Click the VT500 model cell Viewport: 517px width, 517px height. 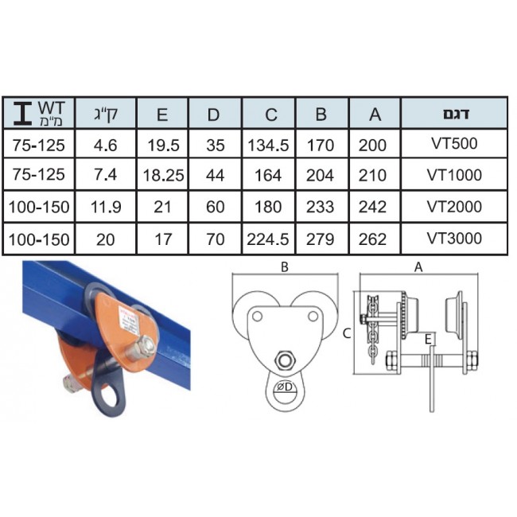click(x=454, y=143)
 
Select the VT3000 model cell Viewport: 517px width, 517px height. click(x=454, y=239)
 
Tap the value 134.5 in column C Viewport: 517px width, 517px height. click(x=268, y=146)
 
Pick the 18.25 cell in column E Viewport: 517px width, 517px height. click(x=163, y=175)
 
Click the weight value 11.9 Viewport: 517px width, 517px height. click(x=106, y=207)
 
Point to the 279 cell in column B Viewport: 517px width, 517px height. click(x=320, y=239)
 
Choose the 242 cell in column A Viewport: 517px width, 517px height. click(x=372, y=207)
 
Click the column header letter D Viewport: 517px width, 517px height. click(x=213, y=115)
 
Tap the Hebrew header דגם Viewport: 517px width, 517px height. click(x=456, y=114)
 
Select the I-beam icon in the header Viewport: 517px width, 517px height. click(x=23, y=113)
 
